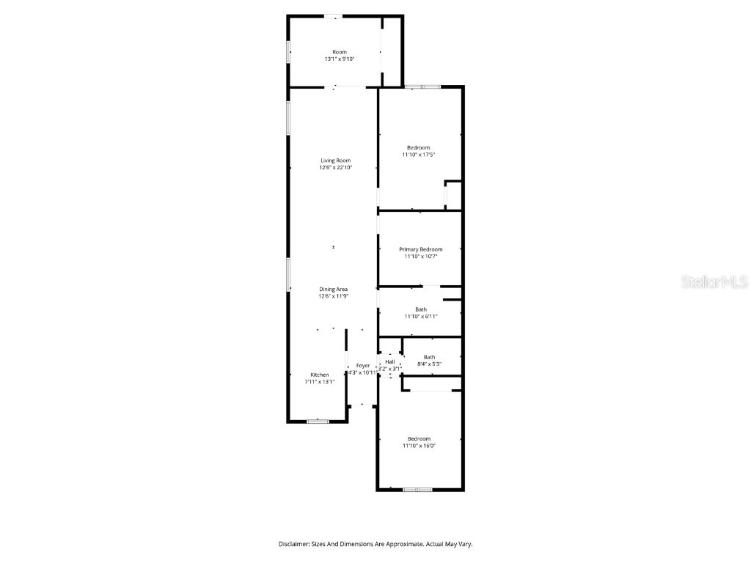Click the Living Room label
pyautogui.click(x=334, y=161)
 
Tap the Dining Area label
pyautogui.click(x=333, y=290)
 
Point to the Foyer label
pyautogui.click(x=363, y=365)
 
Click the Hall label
pyautogui.click(x=389, y=361)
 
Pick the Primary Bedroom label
pyautogui.click(x=420, y=249)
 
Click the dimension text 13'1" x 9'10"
pyautogui.click(x=340, y=59)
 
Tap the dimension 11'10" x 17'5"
pyautogui.click(x=419, y=155)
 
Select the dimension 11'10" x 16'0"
pyautogui.click(x=419, y=445)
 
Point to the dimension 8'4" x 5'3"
pyautogui.click(x=429, y=364)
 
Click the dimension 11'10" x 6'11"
pyautogui.click(x=420, y=316)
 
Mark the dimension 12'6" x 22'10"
pyautogui.click(x=334, y=167)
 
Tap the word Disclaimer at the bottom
pyautogui.click(x=296, y=544)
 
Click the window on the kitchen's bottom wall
pyautogui.click(x=317, y=421)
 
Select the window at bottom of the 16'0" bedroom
pyautogui.click(x=417, y=489)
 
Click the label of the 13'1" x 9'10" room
pyautogui.click(x=340, y=52)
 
